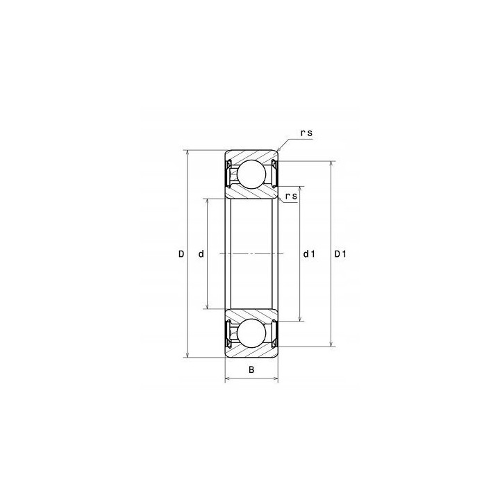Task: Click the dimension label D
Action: tap(181, 254)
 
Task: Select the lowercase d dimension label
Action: tap(201, 254)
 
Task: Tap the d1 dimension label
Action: tap(309, 254)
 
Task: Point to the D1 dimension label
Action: tap(340, 254)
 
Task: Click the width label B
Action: tap(251, 370)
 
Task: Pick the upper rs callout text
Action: tap(306, 133)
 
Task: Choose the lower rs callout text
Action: tap(291, 196)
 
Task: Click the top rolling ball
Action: tap(251, 174)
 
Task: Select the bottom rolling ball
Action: tap(251, 333)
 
